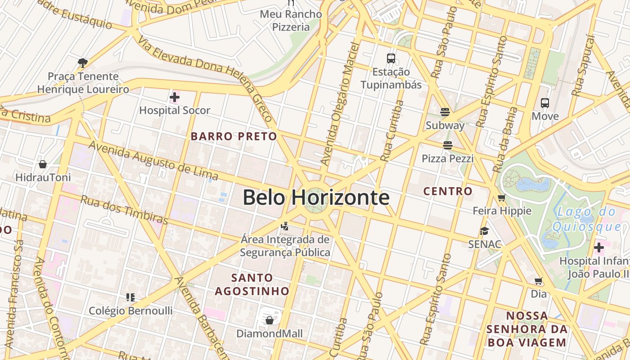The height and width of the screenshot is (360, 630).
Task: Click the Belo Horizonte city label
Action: [x=316, y=198]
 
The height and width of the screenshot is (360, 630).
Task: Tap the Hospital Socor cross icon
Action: [x=175, y=97]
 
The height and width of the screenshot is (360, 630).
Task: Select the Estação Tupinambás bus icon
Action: [x=391, y=58]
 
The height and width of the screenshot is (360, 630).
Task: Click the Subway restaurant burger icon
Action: [x=445, y=112]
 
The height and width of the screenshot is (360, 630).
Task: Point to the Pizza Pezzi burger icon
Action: [x=447, y=145]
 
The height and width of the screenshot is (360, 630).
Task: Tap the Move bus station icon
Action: [x=545, y=103]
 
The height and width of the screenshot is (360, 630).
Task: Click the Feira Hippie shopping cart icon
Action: [x=502, y=198]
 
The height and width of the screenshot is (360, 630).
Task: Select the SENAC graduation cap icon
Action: [x=484, y=231]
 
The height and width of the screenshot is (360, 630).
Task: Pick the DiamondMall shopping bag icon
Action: [x=269, y=320]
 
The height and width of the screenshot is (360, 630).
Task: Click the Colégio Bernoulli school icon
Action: [x=130, y=297]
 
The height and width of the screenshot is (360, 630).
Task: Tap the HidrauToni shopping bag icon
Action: [x=43, y=164]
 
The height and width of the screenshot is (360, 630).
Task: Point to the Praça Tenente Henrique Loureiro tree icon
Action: [x=82, y=63]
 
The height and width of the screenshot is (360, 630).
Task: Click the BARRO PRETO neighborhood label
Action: [x=234, y=136]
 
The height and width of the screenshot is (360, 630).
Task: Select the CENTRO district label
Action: [x=448, y=191]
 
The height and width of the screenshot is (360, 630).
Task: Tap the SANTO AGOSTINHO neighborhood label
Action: [x=252, y=284]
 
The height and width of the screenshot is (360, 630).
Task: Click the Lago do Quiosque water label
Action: [x=587, y=219]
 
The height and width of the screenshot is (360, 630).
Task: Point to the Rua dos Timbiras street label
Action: [x=124, y=209]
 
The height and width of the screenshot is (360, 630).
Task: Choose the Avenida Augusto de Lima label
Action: [x=153, y=161]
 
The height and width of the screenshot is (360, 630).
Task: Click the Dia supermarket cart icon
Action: [x=538, y=281]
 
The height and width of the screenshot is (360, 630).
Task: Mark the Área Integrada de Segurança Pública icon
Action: [x=284, y=226]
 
